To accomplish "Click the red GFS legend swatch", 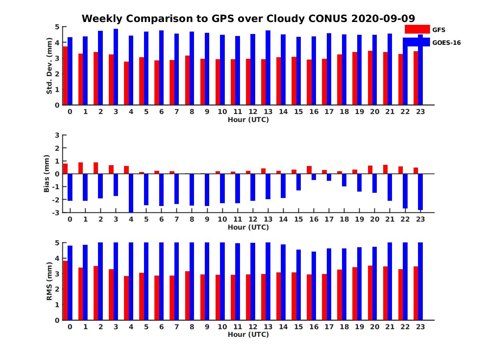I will [417, 30].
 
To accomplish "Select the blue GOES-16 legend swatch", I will [416, 42].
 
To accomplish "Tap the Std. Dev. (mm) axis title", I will [49, 66].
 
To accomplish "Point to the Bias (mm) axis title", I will [46, 173].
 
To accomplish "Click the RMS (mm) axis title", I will [49, 281].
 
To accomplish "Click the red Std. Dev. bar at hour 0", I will [65, 76].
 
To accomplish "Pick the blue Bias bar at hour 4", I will [131, 193].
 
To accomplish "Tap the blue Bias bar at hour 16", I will [314, 177].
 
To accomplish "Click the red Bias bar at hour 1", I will [80, 168].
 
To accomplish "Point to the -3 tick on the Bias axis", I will [56, 212].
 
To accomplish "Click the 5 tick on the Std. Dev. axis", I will [57, 27].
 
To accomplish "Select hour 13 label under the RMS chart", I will [268, 327].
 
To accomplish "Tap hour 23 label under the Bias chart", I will [420, 219].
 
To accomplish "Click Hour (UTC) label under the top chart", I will [248, 120].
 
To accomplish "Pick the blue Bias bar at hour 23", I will [420, 192].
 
